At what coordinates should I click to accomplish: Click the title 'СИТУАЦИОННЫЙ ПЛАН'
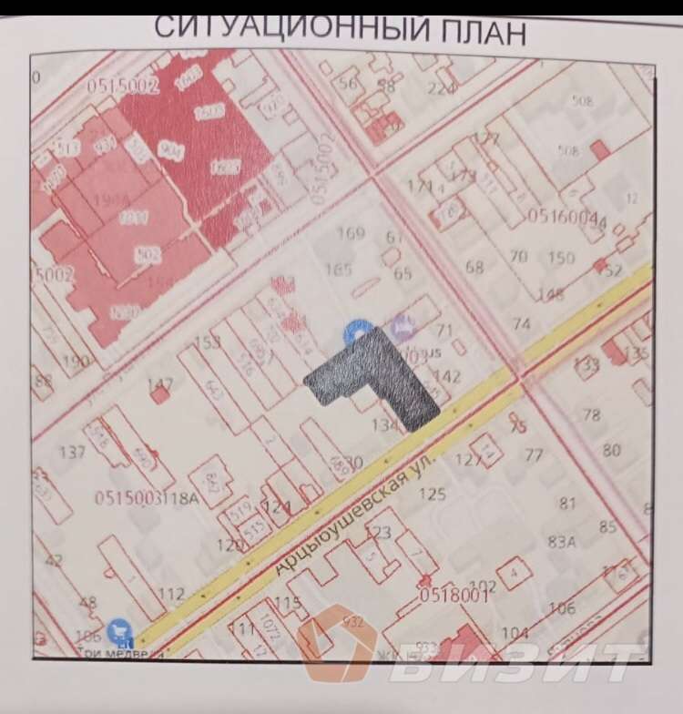click(339, 29)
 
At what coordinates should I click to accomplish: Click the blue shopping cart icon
click(117, 629)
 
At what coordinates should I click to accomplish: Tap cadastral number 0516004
click(562, 219)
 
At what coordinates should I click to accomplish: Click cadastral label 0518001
click(454, 595)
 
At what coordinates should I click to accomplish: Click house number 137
click(72, 453)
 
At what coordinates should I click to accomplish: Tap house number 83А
click(562, 541)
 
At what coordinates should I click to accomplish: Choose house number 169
click(351, 233)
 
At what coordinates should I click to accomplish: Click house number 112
click(171, 594)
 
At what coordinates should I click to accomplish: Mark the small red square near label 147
click(161, 394)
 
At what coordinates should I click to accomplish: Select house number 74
click(521, 325)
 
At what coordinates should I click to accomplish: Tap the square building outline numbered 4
click(515, 573)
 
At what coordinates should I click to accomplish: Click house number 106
click(562, 608)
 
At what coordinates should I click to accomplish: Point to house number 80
click(611, 449)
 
